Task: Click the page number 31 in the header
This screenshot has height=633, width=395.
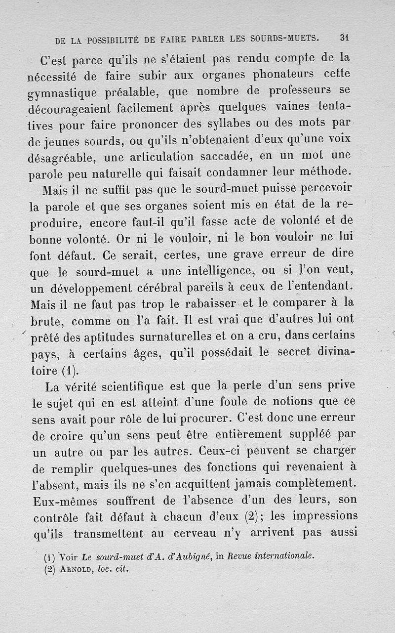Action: (x=345, y=37)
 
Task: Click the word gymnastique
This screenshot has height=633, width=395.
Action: (x=60, y=92)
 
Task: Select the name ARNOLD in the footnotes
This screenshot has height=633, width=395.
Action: (x=75, y=568)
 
